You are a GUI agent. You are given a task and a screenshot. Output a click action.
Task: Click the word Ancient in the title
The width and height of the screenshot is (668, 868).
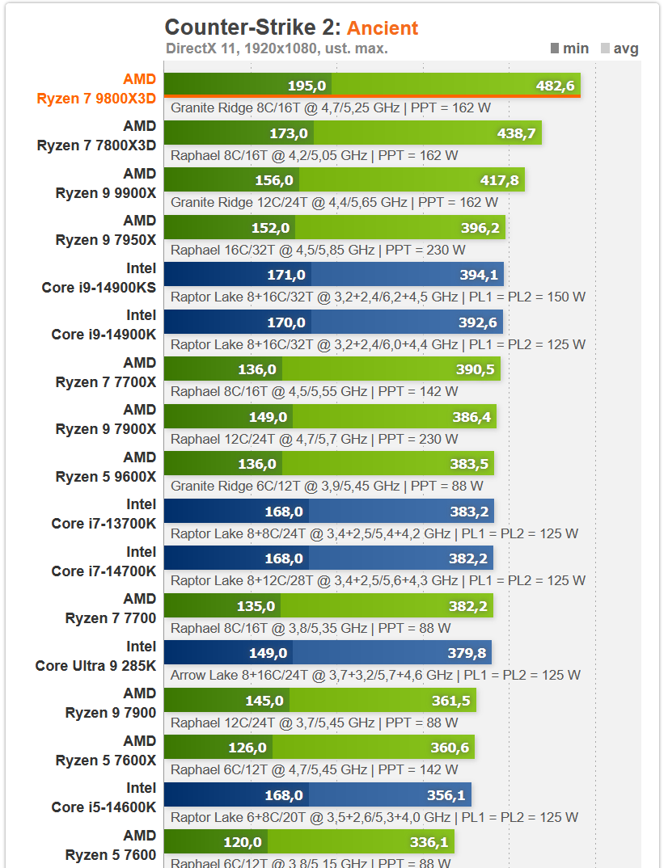pos(383,28)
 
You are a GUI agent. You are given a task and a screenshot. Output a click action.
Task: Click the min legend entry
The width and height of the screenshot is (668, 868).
pos(569,48)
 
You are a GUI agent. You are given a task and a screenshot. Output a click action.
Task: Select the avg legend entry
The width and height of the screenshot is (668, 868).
pos(619,48)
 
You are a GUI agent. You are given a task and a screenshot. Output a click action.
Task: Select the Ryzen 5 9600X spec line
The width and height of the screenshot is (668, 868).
pos(327,486)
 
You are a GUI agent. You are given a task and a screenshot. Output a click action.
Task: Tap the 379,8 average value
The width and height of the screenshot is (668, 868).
pos(467,653)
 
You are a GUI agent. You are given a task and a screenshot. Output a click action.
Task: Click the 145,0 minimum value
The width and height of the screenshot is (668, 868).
pos(264,701)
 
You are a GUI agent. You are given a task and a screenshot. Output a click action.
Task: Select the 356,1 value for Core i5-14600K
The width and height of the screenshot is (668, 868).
pos(446,795)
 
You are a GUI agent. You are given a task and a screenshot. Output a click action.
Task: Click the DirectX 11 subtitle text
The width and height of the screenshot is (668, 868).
pos(277,48)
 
